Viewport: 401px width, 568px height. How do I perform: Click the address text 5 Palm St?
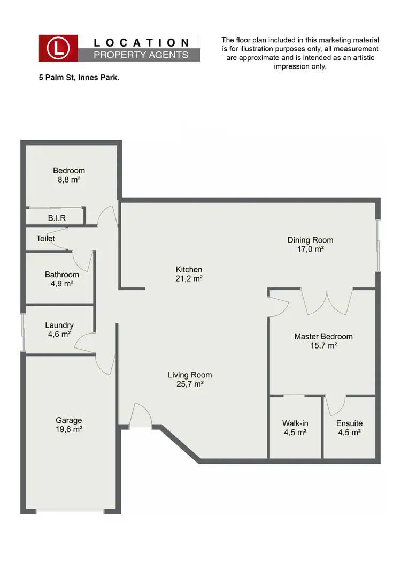[79, 78]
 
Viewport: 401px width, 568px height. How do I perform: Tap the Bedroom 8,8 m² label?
[68, 175]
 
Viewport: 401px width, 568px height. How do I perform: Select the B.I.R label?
[57, 218]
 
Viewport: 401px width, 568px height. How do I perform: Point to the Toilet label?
[45, 239]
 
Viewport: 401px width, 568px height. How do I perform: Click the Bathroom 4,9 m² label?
[61, 279]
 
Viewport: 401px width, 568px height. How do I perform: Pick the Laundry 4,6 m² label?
[59, 329]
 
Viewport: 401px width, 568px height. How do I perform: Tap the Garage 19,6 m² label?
[68, 425]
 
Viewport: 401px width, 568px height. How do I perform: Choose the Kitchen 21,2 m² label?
[189, 274]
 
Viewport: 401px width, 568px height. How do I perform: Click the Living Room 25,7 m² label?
[190, 379]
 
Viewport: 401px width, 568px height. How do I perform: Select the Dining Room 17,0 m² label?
[310, 244]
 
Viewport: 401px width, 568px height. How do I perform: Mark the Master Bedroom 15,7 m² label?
[323, 341]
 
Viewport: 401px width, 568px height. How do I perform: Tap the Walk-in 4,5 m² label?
[295, 427]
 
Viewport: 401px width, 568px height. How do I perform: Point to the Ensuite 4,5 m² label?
[349, 427]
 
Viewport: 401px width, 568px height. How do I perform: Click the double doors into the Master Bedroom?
[327, 302]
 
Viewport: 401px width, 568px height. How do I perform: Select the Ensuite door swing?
[335, 405]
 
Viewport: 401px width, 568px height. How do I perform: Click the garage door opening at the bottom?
[70, 511]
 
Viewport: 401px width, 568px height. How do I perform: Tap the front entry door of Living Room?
[141, 416]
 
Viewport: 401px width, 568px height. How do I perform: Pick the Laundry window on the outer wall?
[23, 332]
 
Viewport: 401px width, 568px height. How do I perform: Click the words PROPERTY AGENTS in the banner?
[141, 55]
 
